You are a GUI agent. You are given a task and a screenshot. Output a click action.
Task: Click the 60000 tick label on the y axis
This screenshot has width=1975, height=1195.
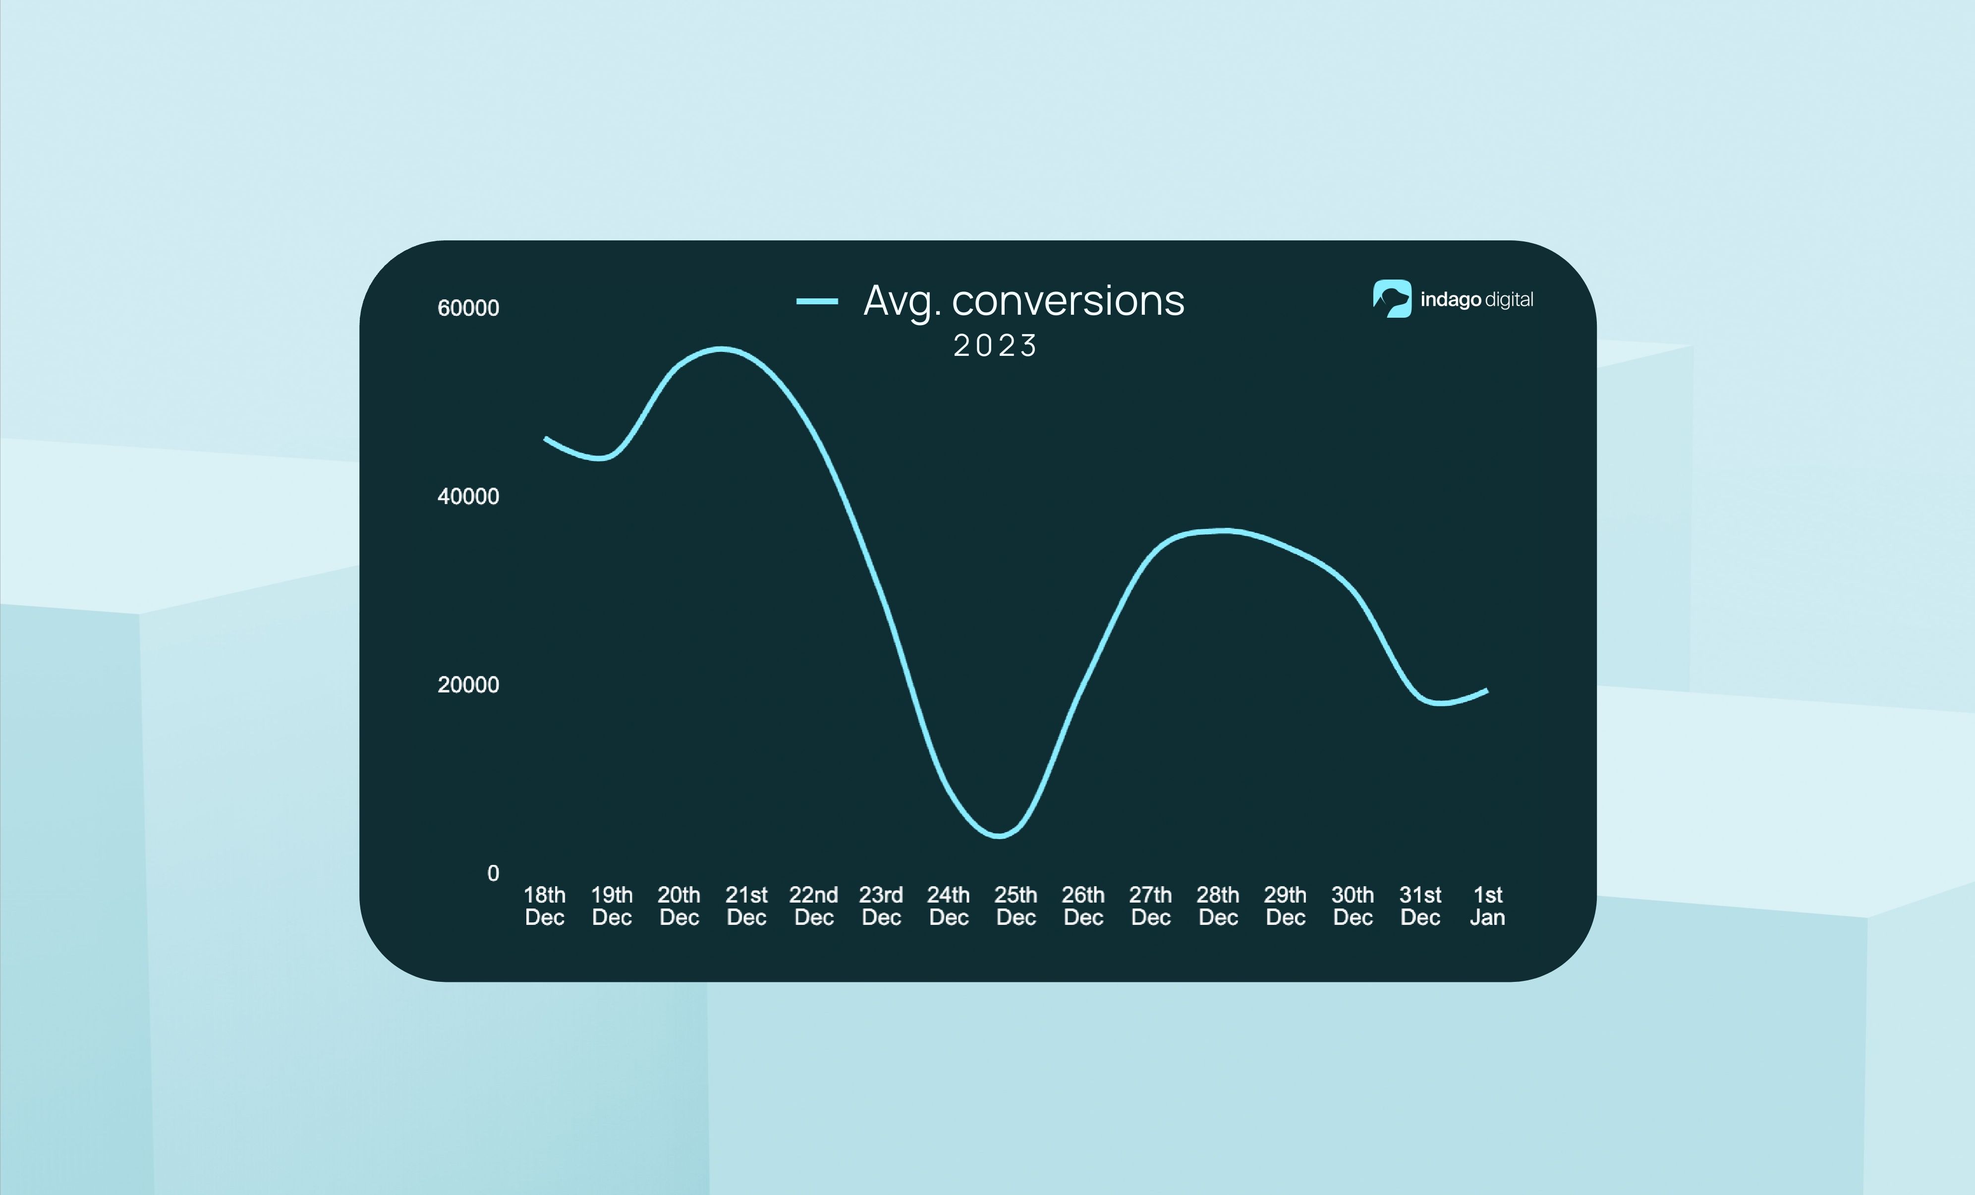point(468,308)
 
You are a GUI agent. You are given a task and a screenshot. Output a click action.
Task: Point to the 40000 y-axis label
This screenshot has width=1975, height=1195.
point(468,496)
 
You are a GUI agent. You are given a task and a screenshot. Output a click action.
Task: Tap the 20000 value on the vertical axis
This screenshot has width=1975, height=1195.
point(468,684)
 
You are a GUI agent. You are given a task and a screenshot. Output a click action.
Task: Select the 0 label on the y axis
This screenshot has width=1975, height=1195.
point(493,873)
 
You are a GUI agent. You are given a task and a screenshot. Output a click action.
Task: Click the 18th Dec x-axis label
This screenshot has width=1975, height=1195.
point(544,906)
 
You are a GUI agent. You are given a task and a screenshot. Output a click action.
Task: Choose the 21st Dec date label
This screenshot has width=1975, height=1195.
point(746,906)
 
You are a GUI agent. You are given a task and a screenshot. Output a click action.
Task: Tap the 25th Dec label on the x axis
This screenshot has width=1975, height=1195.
point(1016,906)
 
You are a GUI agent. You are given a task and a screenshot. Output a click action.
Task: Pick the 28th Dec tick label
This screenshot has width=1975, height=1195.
point(1218,906)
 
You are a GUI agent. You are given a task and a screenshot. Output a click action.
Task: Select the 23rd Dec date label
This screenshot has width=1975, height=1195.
point(881,906)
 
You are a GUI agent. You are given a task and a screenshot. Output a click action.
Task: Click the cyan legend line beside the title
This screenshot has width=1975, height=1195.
point(817,301)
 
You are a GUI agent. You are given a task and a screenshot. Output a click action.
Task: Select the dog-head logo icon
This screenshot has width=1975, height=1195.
point(1392,299)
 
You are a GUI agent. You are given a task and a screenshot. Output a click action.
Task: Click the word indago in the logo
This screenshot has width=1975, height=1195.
point(1450,300)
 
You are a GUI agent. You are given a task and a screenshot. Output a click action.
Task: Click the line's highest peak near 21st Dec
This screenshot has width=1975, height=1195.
point(722,348)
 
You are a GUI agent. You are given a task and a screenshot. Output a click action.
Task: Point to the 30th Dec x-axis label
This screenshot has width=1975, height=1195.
point(1352,906)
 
